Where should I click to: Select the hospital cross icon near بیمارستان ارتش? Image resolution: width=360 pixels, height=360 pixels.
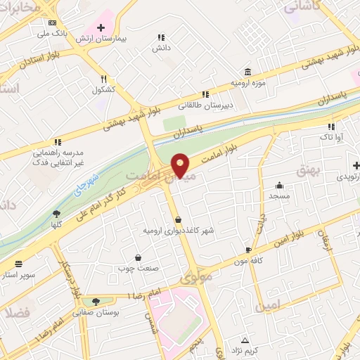pos(101,27)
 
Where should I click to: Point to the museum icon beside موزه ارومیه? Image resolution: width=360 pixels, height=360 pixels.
pos(247,72)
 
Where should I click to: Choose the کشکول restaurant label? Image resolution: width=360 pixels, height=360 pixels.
pos(103,90)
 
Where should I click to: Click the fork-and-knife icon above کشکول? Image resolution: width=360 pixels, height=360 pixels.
pos(104,79)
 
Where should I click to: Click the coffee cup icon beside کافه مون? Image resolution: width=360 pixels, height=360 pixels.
pos(247,250)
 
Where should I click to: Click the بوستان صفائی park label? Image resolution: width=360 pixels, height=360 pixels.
pos(98,311)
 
